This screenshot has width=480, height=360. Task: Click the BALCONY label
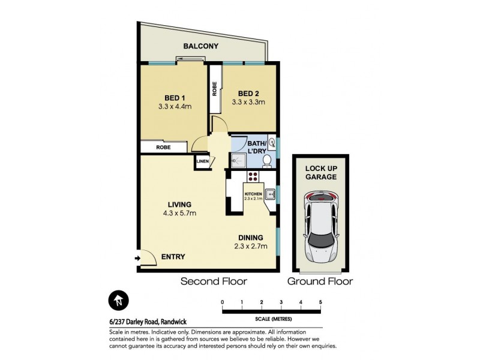(201, 46)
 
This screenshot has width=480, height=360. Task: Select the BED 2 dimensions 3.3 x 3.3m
(248, 103)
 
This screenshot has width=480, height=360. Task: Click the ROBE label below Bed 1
(163, 146)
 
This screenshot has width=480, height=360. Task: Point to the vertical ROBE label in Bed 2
(214, 89)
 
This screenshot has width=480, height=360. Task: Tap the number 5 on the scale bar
(321, 301)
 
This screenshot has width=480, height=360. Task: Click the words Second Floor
(214, 281)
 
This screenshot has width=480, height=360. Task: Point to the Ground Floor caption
(320, 281)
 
